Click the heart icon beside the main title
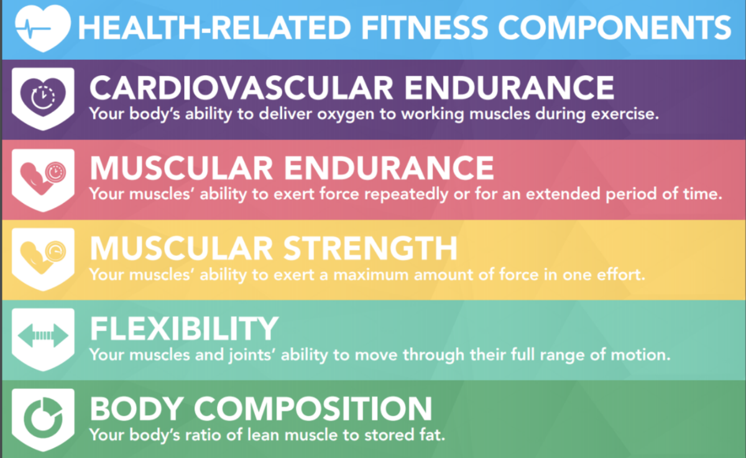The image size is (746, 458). coord(43,28)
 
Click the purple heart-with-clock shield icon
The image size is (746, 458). coord(43,99)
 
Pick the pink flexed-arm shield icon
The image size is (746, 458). coord(43,180)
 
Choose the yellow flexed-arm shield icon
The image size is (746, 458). coord(43,259)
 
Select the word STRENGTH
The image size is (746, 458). coord(371,248)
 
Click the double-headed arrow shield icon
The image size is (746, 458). coord(43,339)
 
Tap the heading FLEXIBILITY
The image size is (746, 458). coord(184,329)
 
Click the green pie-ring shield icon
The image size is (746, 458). coord(43,419)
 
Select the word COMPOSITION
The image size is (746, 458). coord(313,409)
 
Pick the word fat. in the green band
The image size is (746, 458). coord(432,435)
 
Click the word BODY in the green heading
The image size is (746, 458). coord(137,409)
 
